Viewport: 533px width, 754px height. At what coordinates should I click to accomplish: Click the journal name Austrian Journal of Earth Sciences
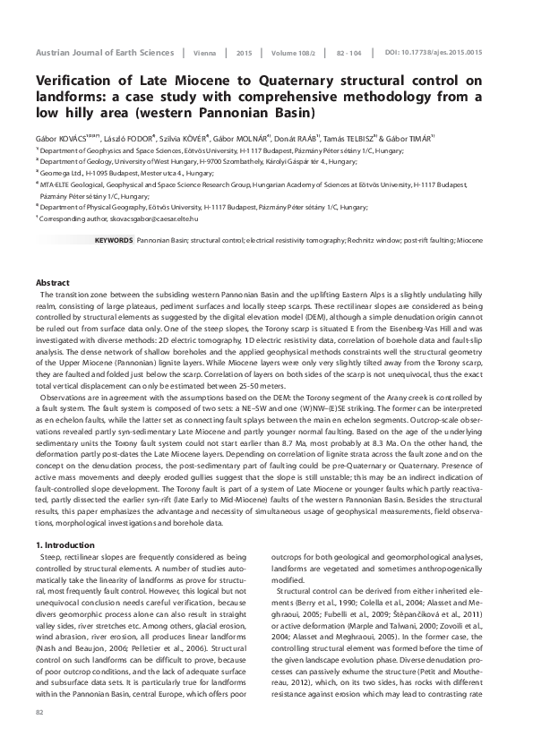click(103, 54)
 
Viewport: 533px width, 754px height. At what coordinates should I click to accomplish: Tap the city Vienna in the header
click(203, 54)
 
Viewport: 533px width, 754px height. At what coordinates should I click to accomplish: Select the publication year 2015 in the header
click(245, 54)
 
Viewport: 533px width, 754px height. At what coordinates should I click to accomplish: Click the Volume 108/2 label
click(294, 54)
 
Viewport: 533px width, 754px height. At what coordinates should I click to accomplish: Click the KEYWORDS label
click(113, 242)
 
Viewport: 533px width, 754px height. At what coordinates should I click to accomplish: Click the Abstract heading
click(52, 282)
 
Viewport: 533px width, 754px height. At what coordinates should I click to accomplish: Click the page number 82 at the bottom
click(39, 712)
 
